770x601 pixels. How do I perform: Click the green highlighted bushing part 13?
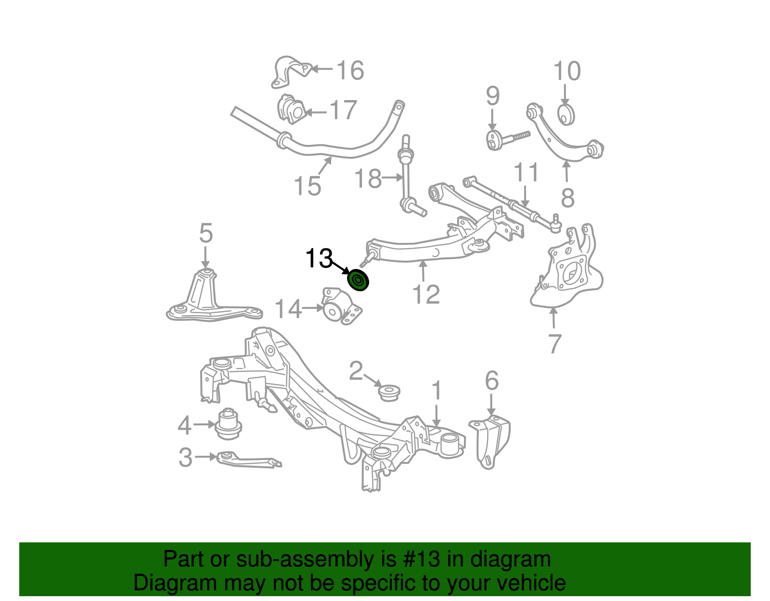click(x=358, y=281)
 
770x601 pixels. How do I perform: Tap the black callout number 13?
click(x=319, y=259)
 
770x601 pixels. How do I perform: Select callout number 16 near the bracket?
click(x=350, y=71)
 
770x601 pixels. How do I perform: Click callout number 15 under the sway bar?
click(x=307, y=186)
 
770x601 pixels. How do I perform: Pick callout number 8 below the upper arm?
click(x=568, y=198)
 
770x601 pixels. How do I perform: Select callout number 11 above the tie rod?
click(x=526, y=172)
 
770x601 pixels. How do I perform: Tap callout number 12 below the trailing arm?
click(x=426, y=294)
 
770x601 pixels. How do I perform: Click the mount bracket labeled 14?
click(x=341, y=307)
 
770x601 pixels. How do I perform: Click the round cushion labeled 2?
click(x=389, y=392)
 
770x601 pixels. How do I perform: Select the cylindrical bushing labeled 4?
click(x=228, y=423)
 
